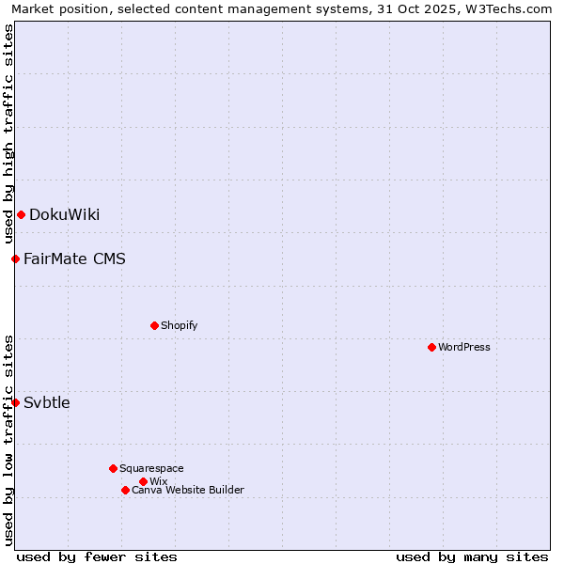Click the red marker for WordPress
point(431,347)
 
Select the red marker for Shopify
point(154,325)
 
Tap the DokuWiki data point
point(21,214)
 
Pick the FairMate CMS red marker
point(15,258)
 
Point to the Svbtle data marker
point(15,402)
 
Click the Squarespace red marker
point(113,468)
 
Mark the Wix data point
point(143,481)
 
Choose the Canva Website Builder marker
point(125,490)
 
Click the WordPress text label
point(464,347)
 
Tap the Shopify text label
point(179,325)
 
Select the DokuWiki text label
point(64,214)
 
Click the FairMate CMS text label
point(74,258)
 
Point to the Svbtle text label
point(47,402)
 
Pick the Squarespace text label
point(151,468)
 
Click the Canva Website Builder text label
point(188,490)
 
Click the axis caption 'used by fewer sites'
point(97,556)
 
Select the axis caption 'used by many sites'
point(472,556)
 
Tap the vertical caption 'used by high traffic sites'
point(8,133)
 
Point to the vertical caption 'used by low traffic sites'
point(8,440)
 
